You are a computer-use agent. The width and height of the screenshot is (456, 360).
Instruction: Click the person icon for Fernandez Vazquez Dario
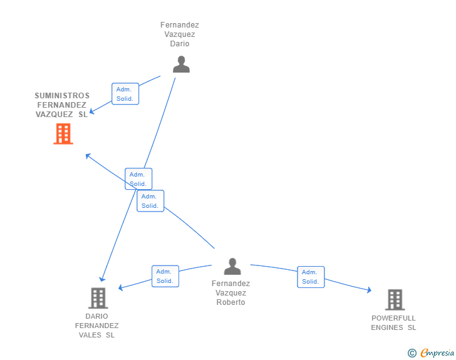pyautogui.click(x=181, y=64)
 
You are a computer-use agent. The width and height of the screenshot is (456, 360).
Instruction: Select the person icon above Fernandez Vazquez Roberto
pyautogui.click(x=232, y=266)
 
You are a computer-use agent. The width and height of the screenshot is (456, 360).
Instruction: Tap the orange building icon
pyautogui.click(x=63, y=134)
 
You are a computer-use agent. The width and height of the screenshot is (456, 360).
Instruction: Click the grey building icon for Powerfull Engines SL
pyautogui.click(x=395, y=299)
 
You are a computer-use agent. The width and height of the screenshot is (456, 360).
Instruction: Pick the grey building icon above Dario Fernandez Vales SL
pyautogui.click(x=98, y=298)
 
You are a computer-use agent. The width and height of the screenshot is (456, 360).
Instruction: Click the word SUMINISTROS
pyautogui.click(x=62, y=96)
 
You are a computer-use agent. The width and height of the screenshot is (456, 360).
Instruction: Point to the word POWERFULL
pyautogui.click(x=393, y=318)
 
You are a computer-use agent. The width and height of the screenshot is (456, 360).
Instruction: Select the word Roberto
pyautogui.click(x=231, y=302)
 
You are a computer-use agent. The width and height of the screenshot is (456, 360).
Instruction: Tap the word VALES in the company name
pyautogui.click(x=90, y=335)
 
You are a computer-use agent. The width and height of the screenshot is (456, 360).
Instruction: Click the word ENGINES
pyautogui.click(x=387, y=327)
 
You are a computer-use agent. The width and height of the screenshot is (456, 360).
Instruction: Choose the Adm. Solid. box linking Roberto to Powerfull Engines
pyautogui.click(x=311, y=277)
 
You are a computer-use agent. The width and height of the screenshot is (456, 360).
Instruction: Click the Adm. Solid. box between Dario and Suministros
pyautogui.click(x=125, y=94)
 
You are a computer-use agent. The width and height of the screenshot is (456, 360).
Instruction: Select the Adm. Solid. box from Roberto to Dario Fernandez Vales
pyautogui.click(x=165, y=276)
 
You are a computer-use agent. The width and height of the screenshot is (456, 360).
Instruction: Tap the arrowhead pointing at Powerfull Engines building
pyautogui.click(x=370, y=290)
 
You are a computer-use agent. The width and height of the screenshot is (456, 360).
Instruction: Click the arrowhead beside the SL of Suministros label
pyautogui.click(x=91, y=111)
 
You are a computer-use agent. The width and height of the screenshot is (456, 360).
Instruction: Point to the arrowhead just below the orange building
pyautogui.click(x=88, y=156)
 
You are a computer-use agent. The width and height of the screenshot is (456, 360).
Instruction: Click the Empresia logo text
pyautogui.click(x=437, y=353)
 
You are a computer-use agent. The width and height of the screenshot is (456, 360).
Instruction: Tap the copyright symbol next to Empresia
pyautogui.click(x=412, y=353)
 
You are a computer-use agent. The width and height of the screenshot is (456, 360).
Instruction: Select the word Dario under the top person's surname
pyautogui.click(x=180, y=44)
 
